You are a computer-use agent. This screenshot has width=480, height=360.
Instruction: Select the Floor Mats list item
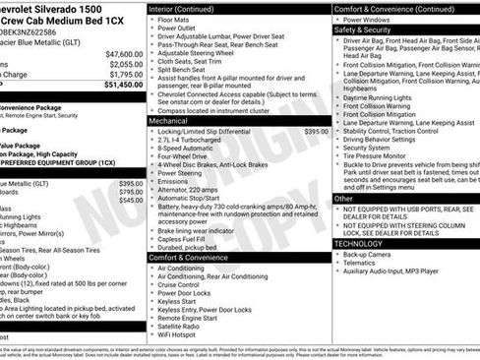click(x=178, y=19)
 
